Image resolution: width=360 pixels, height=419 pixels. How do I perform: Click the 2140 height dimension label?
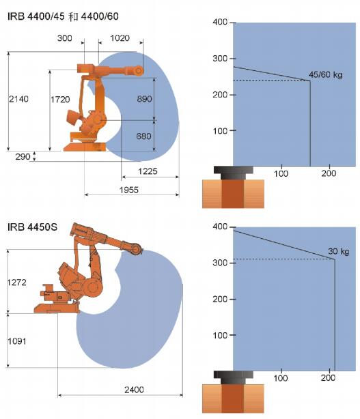(x=18, y=99)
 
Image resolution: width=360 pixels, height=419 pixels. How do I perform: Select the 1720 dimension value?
(x=60, y=100)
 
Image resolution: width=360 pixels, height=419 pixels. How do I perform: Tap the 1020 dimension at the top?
(x=120, y=38)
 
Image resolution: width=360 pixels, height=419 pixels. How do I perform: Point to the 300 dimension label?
(x=64, y=38)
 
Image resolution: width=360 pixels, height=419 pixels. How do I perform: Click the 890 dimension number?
(x=144, y=99)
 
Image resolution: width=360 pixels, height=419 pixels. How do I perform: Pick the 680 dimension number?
(x=143, y=136)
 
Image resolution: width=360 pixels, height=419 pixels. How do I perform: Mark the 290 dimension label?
(x=23, y=156)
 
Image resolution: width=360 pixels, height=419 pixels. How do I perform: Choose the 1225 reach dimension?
(x=148, y=171)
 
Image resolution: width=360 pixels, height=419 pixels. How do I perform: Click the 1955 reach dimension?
(x=129, y=190)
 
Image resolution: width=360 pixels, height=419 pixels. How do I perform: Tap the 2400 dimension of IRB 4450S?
(x=134, y=390)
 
